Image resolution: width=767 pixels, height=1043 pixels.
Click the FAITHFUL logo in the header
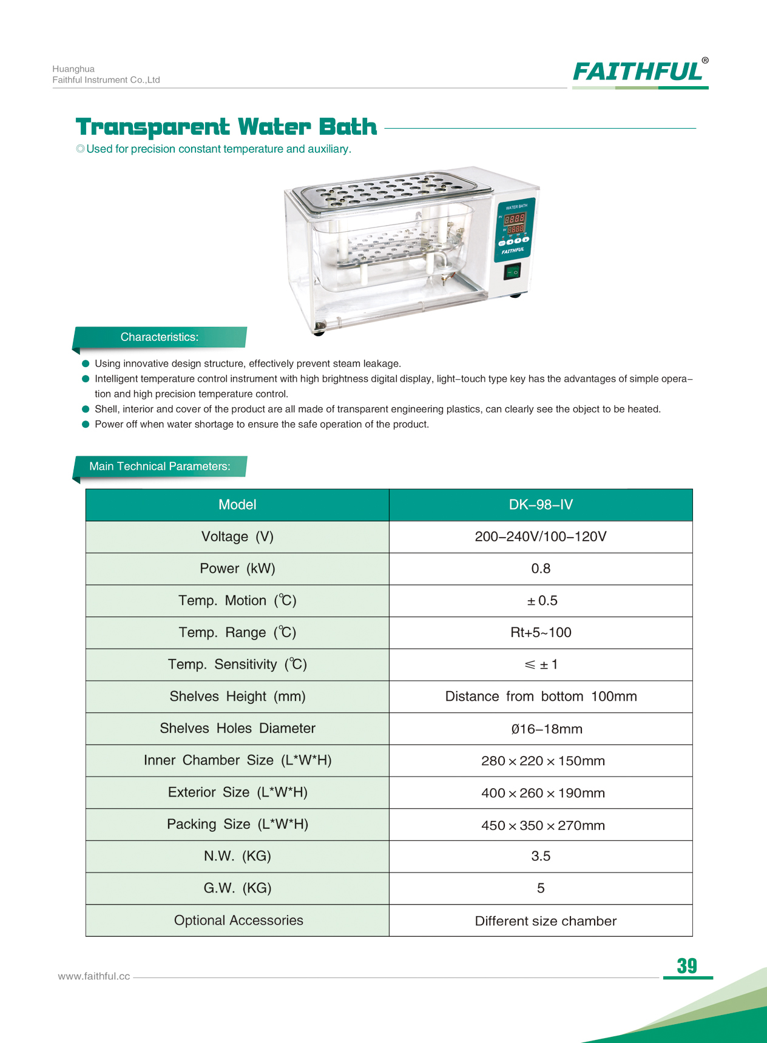639,72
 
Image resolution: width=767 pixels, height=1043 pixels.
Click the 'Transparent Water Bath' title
226,127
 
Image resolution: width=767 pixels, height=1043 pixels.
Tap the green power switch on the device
512,271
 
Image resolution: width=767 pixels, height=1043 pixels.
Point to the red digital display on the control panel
515,223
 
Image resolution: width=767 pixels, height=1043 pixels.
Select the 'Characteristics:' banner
160,337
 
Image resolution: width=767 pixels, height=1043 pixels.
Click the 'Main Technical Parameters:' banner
160,467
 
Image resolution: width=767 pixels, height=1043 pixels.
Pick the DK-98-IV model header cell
540,505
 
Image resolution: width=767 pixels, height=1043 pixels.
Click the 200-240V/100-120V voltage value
540,537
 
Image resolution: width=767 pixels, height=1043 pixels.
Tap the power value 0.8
540,569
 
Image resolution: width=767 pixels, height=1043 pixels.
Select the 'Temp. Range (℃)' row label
237,633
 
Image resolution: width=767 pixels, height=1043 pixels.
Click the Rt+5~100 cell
540,633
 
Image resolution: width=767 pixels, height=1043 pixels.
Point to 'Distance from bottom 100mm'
540,697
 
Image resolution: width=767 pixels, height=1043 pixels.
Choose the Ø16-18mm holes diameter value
546,729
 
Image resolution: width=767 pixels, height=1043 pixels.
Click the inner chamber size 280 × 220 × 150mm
542,761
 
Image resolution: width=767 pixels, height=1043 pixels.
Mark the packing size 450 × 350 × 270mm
542,825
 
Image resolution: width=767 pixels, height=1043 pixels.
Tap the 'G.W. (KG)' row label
237,888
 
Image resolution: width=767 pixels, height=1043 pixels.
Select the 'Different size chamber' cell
545,921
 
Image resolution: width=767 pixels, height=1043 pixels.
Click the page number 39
687,966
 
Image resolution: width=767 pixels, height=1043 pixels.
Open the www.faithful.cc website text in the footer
94,976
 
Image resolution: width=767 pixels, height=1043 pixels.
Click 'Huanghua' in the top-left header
73,69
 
